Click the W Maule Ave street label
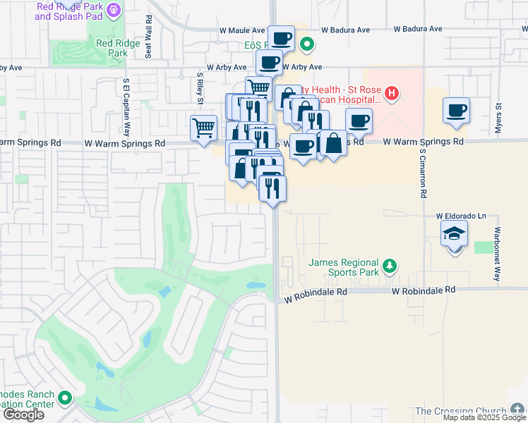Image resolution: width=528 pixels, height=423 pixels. click(x=241, y=30)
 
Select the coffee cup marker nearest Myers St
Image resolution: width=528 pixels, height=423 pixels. click(x=457, y=110)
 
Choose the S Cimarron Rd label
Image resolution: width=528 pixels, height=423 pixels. click(x=424, y=173)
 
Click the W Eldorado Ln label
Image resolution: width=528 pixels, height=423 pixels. click(x=462, y=216)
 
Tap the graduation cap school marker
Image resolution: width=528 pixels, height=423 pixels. click(x=454, y=233)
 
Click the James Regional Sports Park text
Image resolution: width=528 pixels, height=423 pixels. click(x=344, y=268)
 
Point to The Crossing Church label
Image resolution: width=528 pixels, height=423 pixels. click(x=460, y=411)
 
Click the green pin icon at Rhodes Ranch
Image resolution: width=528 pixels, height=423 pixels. click(x=65, y=399)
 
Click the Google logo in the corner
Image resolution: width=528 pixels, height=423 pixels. click(x=23, y=415)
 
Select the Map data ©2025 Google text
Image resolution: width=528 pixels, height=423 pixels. click(x=484, y=418)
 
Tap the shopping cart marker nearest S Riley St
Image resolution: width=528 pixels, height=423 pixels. click(x=203, y=128)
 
